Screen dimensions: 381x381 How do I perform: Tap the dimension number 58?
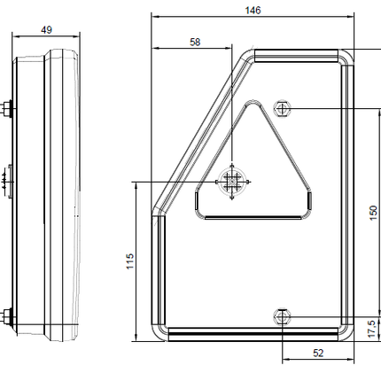194,42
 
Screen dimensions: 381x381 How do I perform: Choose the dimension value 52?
317,353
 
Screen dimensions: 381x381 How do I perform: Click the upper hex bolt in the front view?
283,108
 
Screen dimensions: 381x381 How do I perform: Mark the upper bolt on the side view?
7,110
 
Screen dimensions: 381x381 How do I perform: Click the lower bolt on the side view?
7,315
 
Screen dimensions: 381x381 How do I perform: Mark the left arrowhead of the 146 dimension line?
154,16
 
